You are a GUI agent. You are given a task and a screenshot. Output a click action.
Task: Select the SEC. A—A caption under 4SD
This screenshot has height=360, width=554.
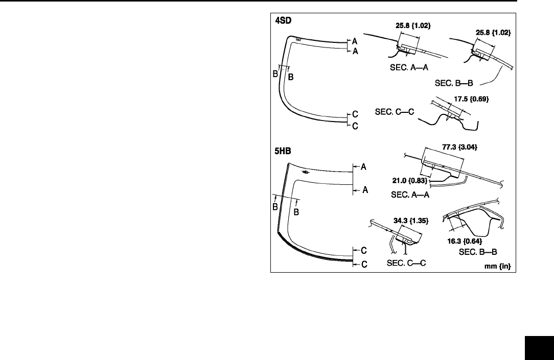pos(408,67)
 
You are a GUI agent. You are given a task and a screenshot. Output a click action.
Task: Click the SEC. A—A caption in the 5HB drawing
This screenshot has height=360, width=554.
pos(409,195)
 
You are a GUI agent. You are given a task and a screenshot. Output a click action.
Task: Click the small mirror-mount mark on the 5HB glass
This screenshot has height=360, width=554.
pos(306,172)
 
